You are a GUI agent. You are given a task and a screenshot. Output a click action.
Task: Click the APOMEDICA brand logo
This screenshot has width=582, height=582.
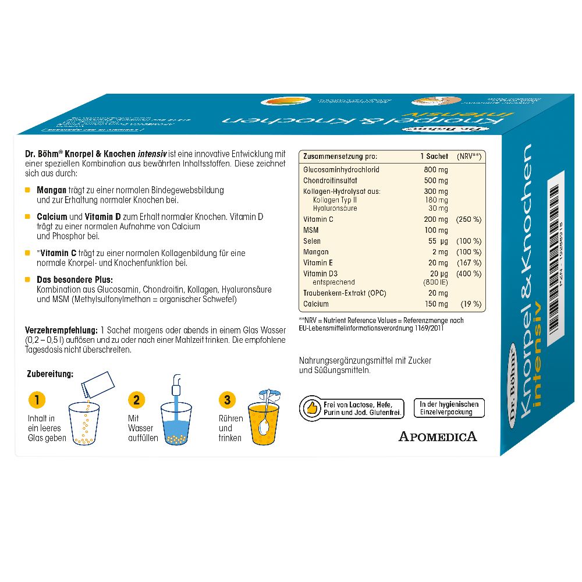pyautogui.click(x=438, y=435)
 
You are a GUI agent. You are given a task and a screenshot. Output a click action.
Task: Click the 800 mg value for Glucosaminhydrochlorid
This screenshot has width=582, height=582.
pyautogui.click(x=436, y=169)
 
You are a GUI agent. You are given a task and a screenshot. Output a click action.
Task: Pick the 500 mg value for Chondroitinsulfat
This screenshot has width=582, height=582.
pyautogui.click(x=436, y=180)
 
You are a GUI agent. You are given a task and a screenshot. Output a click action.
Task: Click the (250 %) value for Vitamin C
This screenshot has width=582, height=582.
pyautogui.click(x=469, y=219)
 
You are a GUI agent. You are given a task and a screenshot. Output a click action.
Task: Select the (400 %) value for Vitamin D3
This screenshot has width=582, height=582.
pyautogui.click(x=469, y=274)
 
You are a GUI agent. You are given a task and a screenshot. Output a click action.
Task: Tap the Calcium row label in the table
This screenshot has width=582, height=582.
pyautogui.click(x=316, y=304)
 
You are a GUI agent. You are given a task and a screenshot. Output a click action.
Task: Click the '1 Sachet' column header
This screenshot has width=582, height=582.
pyautogui.click(x=434, y=157)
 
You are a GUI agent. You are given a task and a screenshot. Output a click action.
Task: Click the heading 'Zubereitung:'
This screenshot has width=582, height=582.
pyautogui.click(x=51, y=374)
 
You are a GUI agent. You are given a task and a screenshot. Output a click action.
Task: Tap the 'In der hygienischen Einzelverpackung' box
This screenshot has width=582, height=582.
pyautogui.click(x=449, y=408)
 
